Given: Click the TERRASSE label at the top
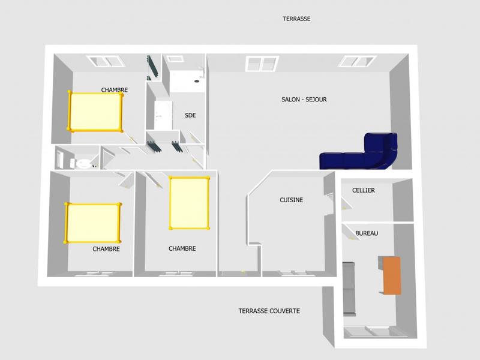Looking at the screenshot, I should pos(296,19).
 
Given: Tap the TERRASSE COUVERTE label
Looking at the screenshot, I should pos(269,311).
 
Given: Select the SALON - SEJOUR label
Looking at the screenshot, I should pos(304,100).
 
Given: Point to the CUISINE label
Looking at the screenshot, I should pos(291,200).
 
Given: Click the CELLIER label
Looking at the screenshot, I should pos(364,190).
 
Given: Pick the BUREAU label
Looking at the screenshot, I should pos(367,233).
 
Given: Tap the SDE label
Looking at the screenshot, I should pos(190,116).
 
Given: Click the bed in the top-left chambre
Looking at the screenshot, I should pos(95,112).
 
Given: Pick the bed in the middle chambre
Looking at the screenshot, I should pos(189,202).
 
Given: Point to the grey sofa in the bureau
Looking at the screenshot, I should pos(349,288).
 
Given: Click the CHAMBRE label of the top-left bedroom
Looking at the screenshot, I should pos(114,90).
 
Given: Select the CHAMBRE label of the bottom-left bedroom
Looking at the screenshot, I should pos(106,249).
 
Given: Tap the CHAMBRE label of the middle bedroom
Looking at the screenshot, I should pos(182,248).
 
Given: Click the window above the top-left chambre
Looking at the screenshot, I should pos(105,61).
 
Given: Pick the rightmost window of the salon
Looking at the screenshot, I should pos(358,61).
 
